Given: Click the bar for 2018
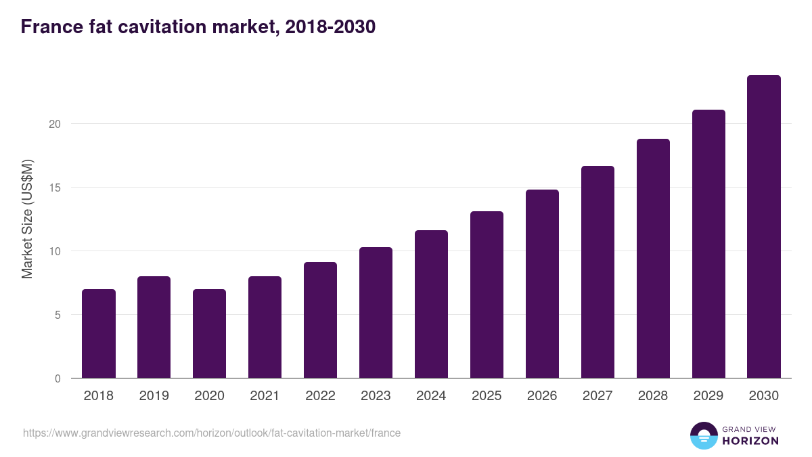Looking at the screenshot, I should click(x=99, y=334).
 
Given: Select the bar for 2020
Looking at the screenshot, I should click(x=210, y=334).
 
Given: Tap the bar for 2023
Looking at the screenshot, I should click(x=376, y=313).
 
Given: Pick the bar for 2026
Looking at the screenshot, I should click(x=542, y=284).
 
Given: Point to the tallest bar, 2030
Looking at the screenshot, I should click(x=764, y=227).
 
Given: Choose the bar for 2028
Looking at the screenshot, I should click(x=653, y=259).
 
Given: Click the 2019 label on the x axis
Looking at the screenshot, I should click(x=154, y=396).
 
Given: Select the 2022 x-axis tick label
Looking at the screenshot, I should click(x=320, y=396).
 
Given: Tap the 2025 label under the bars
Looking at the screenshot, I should click(x=487, y=396).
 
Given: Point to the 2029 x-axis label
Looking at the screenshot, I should click(x=708, y=396).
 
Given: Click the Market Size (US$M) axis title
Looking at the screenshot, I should click(x=27, y=219).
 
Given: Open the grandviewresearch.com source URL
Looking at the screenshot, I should click(x=212, y=433).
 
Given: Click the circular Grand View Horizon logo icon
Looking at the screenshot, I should click(x=703, y=436).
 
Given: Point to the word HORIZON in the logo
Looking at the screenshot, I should click(x=750, y=441).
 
